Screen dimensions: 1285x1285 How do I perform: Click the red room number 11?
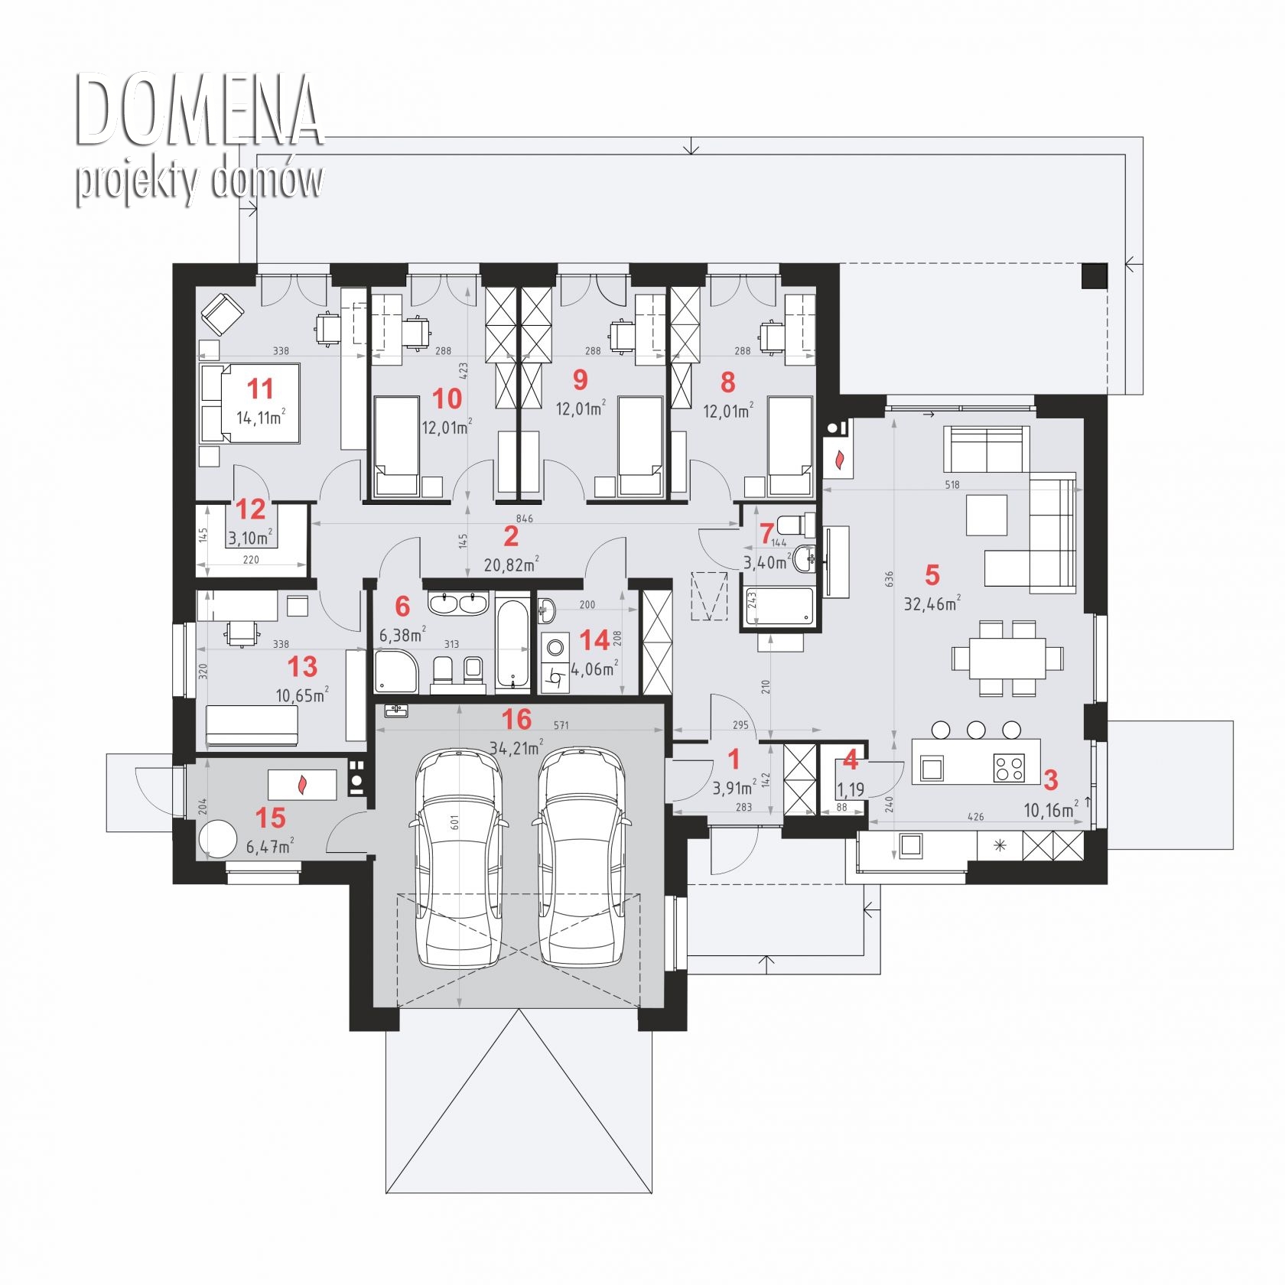pyautogui.click(x=260, y=389)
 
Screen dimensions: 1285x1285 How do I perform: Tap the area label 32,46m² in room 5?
pyautogui.click(x=932, y=603)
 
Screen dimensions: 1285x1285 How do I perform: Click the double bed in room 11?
pyautogui.click(x=249, y=403)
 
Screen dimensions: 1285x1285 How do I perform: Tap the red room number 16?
pyautogui.click(x=516, y=719)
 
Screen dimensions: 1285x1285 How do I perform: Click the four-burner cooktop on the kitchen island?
pyautogui.click(x=1010, y=767)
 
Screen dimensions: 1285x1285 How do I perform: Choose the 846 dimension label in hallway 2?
pyautogui.click(x=525, y=519)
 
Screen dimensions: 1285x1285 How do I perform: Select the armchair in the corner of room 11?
pyautogui.click(x=222, y=314)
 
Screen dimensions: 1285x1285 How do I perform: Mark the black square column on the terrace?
pyautogui.click(x=1094, y=275)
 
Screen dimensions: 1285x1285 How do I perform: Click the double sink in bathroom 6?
pyautogui.click(x=458, y=603)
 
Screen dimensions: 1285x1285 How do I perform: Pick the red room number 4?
pyautogui.click(x=850, y=761)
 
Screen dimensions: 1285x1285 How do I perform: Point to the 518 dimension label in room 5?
pyautogui.click(x=952, y=484)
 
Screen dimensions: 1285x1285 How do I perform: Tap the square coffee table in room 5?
pyautogui.click(x=987, y=515)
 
